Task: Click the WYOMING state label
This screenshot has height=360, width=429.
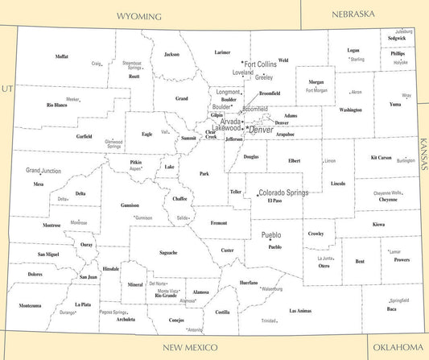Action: [x=139, y=16]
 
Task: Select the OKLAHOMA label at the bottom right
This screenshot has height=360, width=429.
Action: [x=397, y=346]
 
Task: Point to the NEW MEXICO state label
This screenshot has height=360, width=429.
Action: [x=190, y=347]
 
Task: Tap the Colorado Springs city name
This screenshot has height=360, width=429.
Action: [x=283, y=193]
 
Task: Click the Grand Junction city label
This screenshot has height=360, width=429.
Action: [x=43, y=171]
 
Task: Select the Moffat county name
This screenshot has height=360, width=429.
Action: [x=62, y=56]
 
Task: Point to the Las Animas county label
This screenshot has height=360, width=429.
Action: [x=300, y=310]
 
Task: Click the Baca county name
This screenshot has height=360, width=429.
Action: [x=391, y=308]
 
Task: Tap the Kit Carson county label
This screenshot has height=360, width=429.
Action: [x=381, y=157]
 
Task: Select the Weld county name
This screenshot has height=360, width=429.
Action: [x=283, y=60]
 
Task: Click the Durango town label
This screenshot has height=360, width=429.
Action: [x=67, y=312]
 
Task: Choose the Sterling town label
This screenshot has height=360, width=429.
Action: [x=357, y=59]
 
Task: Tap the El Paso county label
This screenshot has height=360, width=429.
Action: [x=274, y=201]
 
